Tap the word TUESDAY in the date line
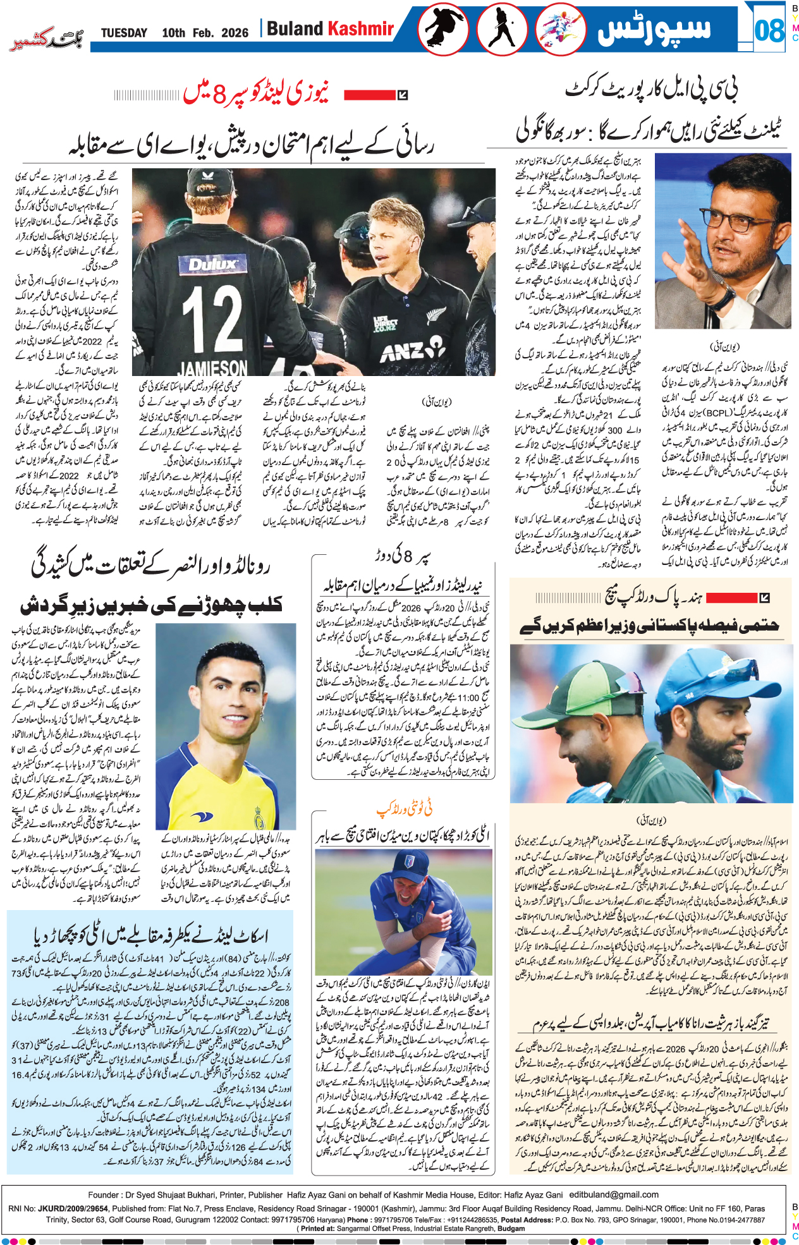(124, 33)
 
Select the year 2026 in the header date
(235, 33)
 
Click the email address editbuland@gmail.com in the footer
(614, 1194)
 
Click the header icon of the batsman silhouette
(502, 29)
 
